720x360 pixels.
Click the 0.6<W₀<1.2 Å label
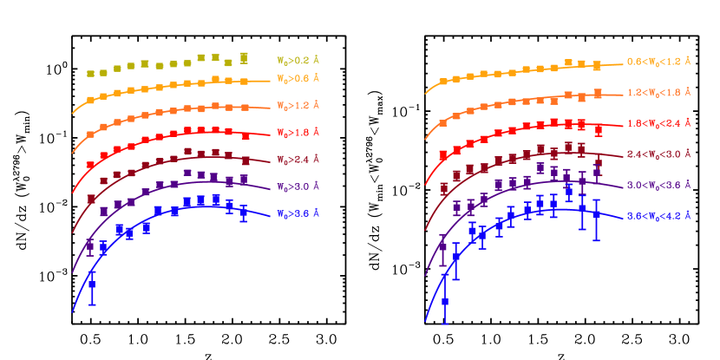[x=658, y=62]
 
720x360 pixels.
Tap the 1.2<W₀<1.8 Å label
[x=658, y=91]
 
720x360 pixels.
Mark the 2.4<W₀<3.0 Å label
[x=658, y=154]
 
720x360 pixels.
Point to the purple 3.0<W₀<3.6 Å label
[x=658, y=186]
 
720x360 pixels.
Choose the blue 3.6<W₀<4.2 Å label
[x=658, y=215]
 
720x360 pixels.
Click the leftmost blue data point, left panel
[x=92, y=285]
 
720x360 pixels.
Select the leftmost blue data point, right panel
[x=445, y=301]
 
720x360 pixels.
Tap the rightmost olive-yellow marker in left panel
[x=244, y=57]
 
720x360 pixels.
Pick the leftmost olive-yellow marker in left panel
[x=90, y=74]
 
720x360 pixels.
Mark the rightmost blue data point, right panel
[x=597, y=213]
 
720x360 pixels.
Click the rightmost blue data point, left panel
[x=244, y=212]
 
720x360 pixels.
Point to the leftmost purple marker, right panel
[x=443, y=248]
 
